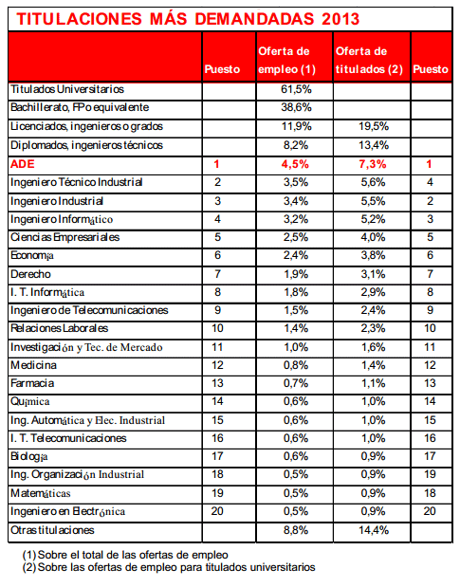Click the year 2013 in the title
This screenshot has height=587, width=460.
tap(340, 19)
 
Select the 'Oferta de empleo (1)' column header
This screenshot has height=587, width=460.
tap(286, 61)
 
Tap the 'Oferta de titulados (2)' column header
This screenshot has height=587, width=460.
tap(369, 61)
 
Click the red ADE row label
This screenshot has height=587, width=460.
tap(23, 164)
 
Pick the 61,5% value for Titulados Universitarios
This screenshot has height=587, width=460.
tap(296, 89)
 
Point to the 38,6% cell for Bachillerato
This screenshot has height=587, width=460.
tap(296, 107)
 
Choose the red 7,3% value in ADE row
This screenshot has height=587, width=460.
tap(373, 164)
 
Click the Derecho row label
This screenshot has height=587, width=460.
tap(30, 274)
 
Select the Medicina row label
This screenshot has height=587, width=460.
tap(34, 365)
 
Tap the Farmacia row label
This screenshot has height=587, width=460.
tap(32, 383)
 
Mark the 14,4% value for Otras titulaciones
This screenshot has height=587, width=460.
tap(374, 530)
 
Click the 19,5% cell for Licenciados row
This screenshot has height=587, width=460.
tap(374, 126)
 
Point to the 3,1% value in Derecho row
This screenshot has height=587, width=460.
tap(373, 274)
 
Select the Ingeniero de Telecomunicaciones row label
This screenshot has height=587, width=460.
tap(89, 310)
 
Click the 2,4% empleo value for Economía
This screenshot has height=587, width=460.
tap(296, 255)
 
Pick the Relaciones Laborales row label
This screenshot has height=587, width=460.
tap(59, 328)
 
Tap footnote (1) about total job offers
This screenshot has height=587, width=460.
tap(125, 555)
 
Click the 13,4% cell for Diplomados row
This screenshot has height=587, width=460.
tap(374, 145)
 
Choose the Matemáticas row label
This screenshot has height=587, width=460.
tap(41, 493)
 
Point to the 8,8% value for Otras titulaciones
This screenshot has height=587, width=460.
tap(296, 530)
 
